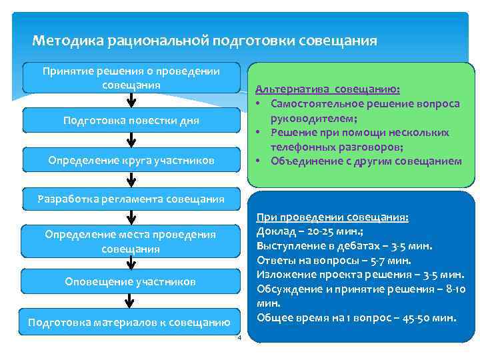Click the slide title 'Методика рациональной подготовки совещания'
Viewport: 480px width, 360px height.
(x=204, y=41)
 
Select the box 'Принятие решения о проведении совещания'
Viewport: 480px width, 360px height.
(x=131, y=78)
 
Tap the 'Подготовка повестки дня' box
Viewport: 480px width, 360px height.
(x=131, y=121)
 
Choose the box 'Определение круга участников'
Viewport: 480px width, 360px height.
(x=131, y=160)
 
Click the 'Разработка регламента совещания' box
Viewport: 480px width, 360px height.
(x=131, y=198)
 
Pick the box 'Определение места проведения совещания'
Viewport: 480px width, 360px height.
(x=131, y=241)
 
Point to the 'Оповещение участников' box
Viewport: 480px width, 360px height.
(x=131, y=281)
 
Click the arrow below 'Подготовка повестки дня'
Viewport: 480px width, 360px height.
(x=131, y=140)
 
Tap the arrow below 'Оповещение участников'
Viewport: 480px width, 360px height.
(x=131, y=301)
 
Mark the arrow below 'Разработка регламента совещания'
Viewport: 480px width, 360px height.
(x=131, y=217)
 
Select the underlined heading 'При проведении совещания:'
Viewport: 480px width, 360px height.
(x=333, y=218)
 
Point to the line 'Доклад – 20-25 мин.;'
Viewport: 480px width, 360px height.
(x=311, y=232)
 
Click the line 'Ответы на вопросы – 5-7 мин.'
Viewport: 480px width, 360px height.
(x=333, y=261)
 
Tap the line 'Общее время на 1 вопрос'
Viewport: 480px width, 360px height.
(x=356, y=317)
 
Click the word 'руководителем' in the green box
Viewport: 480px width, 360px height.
(x=310, y=118)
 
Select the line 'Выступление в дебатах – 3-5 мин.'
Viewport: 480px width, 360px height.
(x=344, y=246)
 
